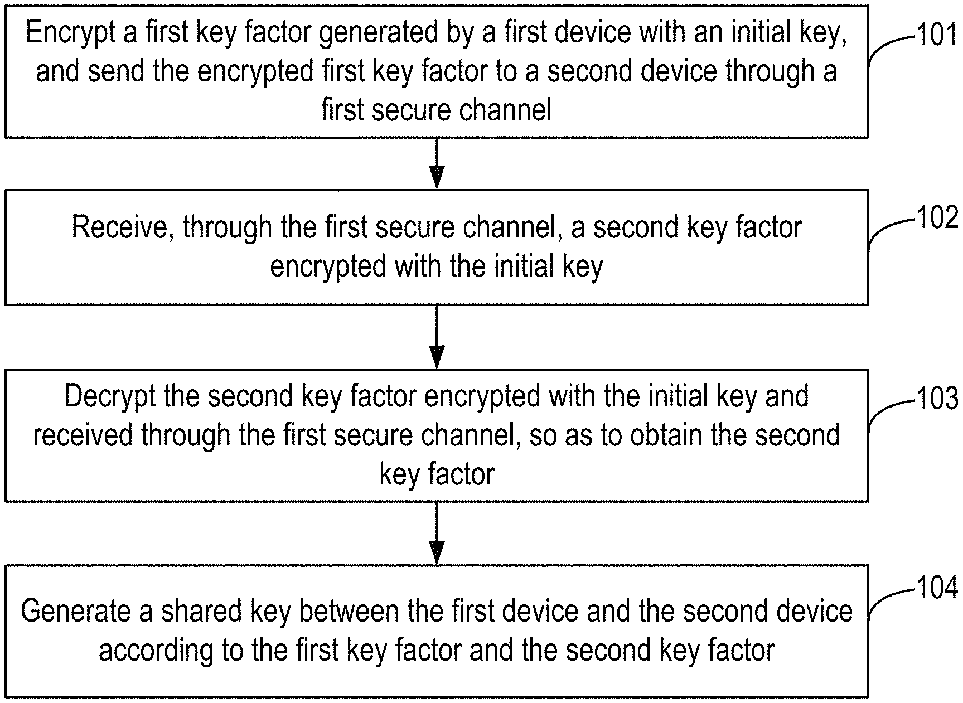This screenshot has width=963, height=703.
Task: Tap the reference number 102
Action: pyautogui.click(x=937, y=218)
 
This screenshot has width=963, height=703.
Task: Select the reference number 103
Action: pyautogui.click(x=937, y=399)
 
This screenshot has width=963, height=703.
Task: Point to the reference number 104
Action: pyautogui.click(x=937, y=588)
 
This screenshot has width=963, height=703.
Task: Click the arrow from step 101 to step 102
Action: pyautogui.click(x=437, y=163)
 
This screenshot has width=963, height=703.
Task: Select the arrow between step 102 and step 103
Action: pyautogui.click(x=437, y=337)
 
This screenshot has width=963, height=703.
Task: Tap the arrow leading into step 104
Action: pyautogui.click(x=437, y=533)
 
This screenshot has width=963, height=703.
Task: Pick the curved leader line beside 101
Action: pyautogui.click(x=889, y=47)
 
